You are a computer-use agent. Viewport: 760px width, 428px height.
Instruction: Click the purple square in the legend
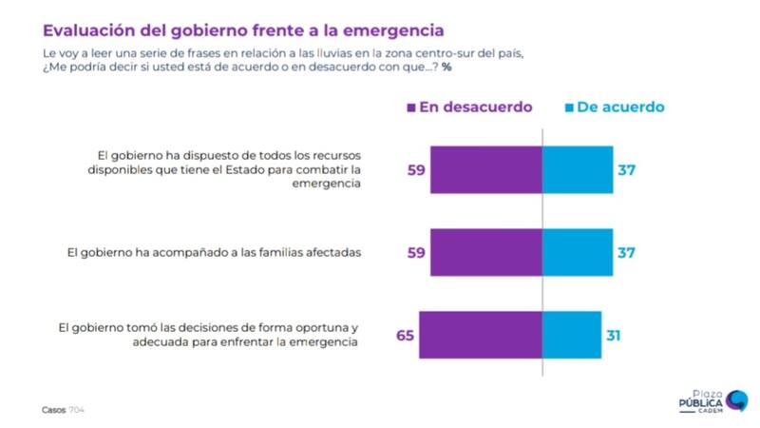410,107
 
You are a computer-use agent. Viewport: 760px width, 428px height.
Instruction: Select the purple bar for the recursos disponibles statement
485,171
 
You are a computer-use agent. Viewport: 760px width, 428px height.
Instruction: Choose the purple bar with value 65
480,335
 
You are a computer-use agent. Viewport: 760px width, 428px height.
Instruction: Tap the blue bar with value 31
570,335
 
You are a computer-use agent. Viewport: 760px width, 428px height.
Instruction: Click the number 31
613,336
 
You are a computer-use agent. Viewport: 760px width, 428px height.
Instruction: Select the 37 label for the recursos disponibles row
624,171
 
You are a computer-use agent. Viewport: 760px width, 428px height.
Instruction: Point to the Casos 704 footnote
63,411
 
